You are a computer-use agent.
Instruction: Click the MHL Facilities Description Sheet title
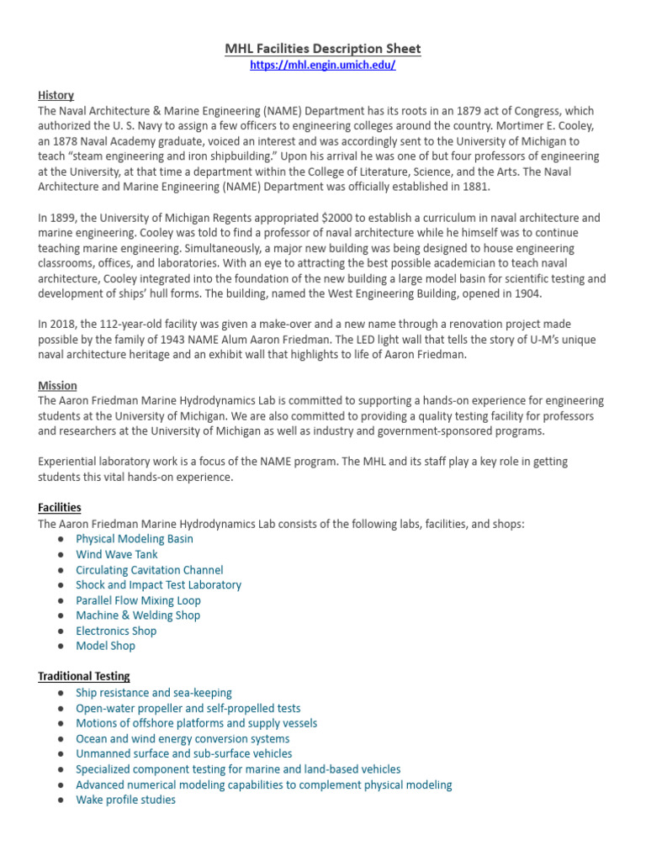tap(323, 49)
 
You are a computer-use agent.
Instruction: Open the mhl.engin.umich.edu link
tap(323, 66)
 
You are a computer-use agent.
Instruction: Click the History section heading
tap(56, 95)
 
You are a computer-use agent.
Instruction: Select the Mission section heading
tap(57, 385)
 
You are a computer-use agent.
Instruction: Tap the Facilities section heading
tap(60, 507)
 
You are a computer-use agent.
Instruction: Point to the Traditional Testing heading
tap(84, 676)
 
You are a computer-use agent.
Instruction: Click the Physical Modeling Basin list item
tap(135, 539)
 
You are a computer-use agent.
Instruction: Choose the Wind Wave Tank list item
tap(117, 554)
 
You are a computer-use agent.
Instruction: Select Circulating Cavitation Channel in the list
tap(150, 569)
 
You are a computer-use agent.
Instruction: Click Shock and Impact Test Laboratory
tap(158, 584)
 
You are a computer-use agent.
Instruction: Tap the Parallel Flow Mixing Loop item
tap(138, 600)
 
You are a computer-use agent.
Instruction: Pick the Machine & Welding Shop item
tap(138, 615)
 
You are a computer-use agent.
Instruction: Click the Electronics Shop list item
tap(116, 631)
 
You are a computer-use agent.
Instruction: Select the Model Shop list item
tap(105, 646)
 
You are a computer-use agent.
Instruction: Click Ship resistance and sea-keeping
tap(154, 693)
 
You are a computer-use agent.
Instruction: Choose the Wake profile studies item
tap(126, 800)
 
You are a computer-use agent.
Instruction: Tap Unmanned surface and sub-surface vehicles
tap(184, 753)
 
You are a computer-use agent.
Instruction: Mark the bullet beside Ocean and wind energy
tap(61, 739)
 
